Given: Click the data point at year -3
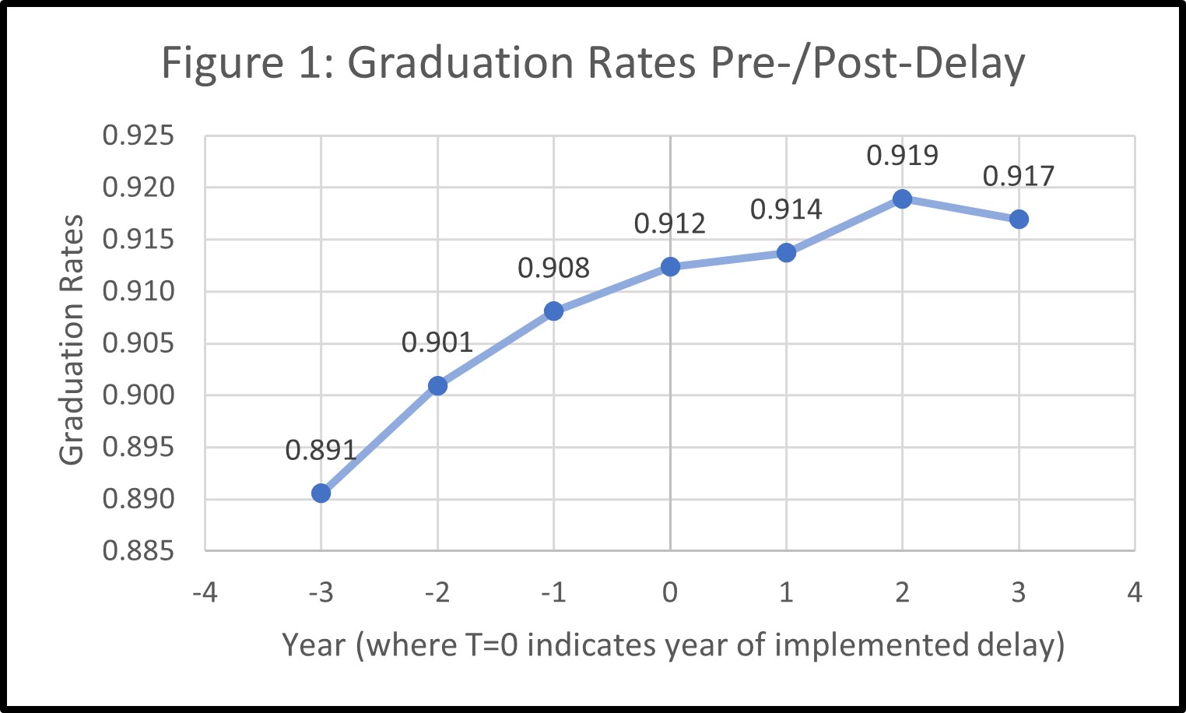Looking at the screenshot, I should pos(321,493).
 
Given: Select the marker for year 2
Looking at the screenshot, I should pos(902,198).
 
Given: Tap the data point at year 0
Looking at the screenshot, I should pos(670,267).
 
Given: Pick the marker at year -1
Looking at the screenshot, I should pos(553,311).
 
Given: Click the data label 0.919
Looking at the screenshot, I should pos(902,156).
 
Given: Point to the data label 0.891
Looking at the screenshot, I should pos(321,450).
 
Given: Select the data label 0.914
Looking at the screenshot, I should pos(786,209).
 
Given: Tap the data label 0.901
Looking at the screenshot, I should pos(437,342).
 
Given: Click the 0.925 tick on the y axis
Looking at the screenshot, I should pos(139,135).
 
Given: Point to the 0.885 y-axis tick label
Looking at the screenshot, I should pos(139,551).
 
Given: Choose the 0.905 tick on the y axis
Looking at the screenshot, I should pos(139,343).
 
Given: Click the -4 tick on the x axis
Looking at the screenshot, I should pos(205,593).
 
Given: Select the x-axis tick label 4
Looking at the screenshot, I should pos(1135,593).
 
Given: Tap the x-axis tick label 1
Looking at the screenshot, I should pos(786,593).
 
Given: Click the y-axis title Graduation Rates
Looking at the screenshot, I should pos(72,340).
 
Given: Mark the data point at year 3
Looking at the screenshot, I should pos(1019,220).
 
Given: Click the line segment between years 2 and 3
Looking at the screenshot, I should pos(960,209).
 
